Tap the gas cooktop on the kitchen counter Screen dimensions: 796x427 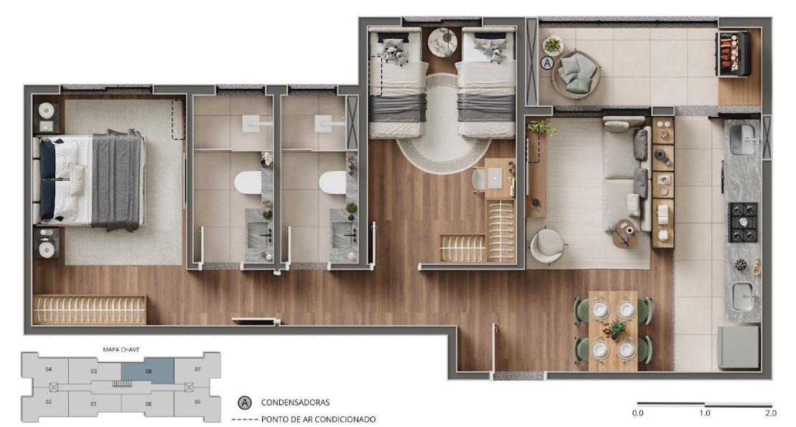(x=743, y=222)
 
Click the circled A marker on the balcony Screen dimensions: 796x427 (x=547, y=63)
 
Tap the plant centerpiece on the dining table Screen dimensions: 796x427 (x=617, y=329)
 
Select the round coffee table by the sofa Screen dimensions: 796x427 (x=624, y=233)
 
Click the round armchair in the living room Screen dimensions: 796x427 (x=547, y=246)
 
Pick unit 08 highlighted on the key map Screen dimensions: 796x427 (x=148, y=371)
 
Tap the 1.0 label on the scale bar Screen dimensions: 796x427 (x=705, y=413)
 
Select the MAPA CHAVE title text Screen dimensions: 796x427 (x=121, y=349)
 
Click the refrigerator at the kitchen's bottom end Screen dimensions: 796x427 (x=739, y=347)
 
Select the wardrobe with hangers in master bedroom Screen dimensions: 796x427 (x=89, y=310)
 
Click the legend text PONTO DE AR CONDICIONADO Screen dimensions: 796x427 (x=318, y=419)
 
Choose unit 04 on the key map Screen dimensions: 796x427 (x=49, y=369)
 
